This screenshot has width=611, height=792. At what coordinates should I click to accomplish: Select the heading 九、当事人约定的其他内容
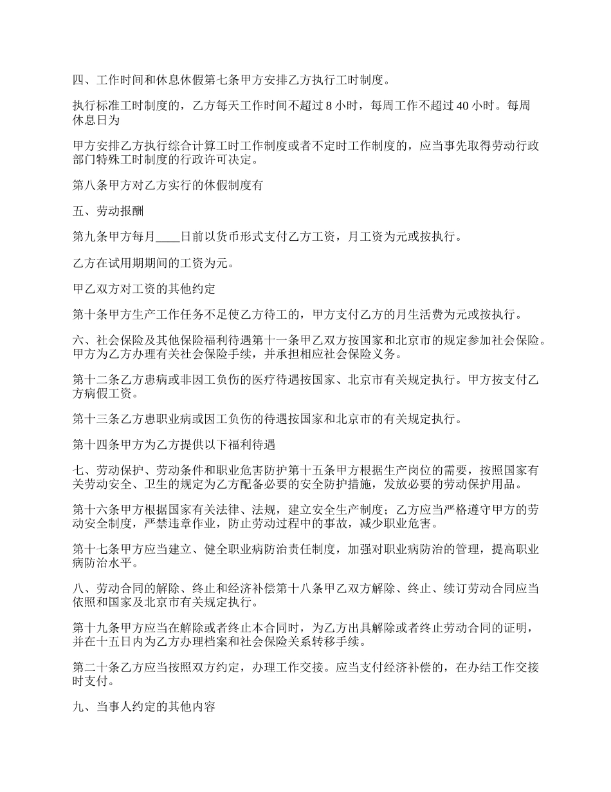[144, 706]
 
